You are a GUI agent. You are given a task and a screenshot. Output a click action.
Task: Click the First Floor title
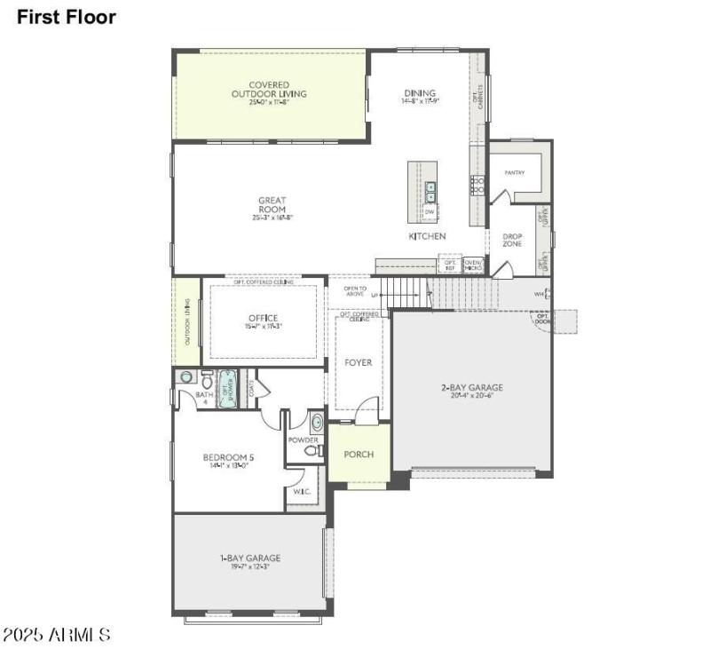66,16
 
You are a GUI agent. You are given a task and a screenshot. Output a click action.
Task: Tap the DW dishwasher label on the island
430,212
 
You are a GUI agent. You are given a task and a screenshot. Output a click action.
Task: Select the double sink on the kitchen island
430,192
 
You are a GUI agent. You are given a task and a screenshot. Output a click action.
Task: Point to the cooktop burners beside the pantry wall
477,186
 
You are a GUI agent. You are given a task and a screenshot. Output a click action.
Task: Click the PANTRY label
514,172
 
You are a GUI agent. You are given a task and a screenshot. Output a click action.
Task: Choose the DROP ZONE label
513,241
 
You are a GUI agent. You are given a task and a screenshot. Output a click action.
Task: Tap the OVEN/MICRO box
473,265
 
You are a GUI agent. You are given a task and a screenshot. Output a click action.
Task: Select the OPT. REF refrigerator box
450,265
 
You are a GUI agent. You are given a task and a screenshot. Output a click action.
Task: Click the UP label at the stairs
375,295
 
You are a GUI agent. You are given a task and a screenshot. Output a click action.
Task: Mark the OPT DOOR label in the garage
540,318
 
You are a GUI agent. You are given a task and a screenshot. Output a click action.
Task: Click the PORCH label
359,455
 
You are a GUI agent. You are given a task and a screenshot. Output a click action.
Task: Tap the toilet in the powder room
312,451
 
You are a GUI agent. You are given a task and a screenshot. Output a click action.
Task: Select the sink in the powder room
316,422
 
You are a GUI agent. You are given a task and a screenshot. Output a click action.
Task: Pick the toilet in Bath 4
206,378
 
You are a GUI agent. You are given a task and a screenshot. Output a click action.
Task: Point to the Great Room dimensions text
272,218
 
